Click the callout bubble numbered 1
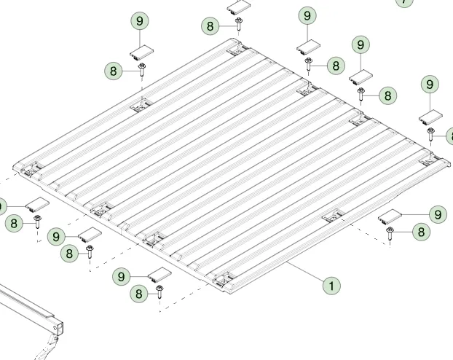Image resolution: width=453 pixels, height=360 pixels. pos(331,286)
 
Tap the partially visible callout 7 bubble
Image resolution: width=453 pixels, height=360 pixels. pos(404,2)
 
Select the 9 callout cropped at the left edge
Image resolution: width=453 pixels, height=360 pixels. pos(1,206)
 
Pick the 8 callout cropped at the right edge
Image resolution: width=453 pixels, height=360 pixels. pos(450,136)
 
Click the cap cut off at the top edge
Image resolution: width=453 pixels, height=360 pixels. pos(239,7)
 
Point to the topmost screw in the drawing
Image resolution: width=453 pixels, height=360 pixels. pos(239,24)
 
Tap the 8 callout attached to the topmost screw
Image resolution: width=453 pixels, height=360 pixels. pos(210,26)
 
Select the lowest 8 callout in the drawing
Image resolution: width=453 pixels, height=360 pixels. pos(138,294)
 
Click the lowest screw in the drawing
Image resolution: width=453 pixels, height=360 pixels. pos(159,291)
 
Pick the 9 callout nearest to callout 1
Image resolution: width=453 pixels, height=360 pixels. pos(438,214)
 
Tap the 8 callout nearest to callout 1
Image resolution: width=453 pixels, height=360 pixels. pos(421,232)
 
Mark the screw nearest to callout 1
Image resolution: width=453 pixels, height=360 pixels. pos(390,234)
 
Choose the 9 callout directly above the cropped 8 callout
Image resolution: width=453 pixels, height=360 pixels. pos(430,85)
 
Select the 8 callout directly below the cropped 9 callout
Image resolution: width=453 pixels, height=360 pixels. pos(14,223)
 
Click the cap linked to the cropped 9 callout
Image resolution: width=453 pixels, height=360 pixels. pos(38,204)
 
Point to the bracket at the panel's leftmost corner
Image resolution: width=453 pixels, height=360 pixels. pos(32,168)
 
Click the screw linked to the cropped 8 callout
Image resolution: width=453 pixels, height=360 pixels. pos(430,135)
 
